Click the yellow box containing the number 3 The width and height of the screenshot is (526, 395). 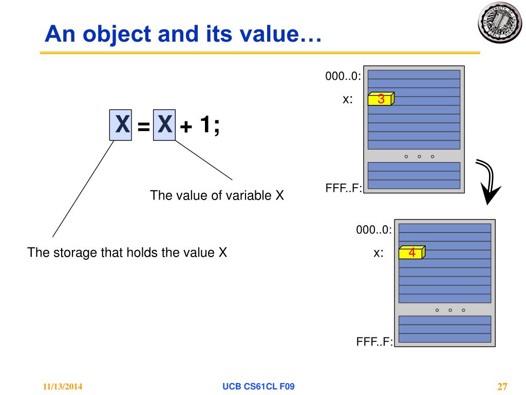(x=381, y=99)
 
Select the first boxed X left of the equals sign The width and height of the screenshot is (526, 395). (x=122, y=124)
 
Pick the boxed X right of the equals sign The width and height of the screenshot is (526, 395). (x=164, y=124)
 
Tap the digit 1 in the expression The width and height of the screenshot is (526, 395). (x=205, y=124)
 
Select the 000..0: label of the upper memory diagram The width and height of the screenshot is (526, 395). (x=343, y=76)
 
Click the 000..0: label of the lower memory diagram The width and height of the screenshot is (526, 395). (x=374, y=229)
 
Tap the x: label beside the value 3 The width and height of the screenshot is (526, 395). (x=348, y=100)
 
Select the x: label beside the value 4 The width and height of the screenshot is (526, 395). (x=379, y=253)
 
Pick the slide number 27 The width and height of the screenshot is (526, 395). (x=502, y=387)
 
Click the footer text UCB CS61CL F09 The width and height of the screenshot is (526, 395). (x=258, y=386)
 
